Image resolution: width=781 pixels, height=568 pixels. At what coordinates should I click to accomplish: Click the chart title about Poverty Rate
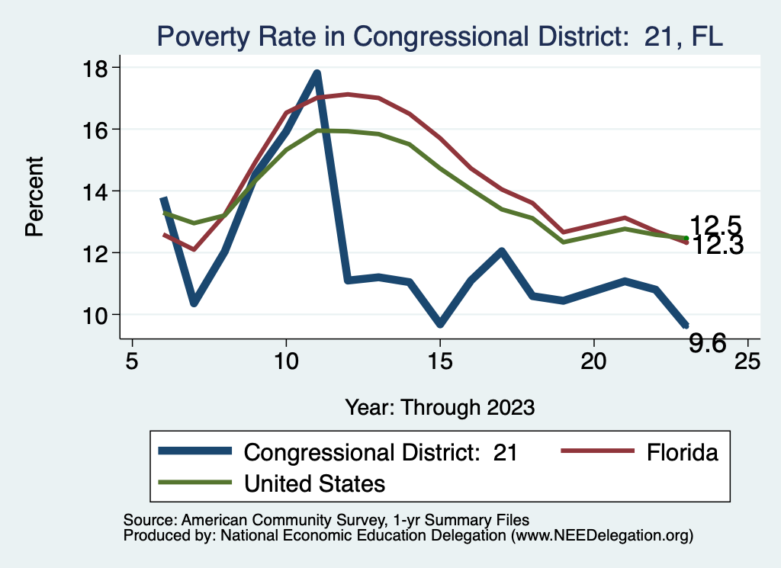439,35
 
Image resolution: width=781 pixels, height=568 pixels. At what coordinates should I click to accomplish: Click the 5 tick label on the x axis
132,361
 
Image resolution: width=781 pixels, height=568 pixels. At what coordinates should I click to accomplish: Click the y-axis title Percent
35,196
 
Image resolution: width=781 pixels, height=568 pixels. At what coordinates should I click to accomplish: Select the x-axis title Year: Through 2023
439,406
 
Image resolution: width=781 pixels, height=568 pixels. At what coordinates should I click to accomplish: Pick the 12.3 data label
716,245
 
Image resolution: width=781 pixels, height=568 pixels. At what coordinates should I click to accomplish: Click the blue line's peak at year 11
317,74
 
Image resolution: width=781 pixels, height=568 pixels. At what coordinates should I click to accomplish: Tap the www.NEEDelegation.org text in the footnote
602,536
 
